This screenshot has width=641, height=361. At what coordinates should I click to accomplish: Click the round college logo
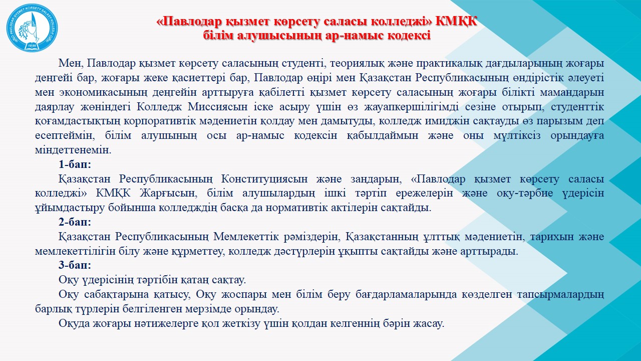(32, 28)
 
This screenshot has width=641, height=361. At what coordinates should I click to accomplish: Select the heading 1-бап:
(75, 164)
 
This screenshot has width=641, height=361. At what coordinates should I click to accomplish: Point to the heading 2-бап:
(75, 222)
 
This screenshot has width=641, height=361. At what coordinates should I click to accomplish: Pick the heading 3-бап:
(75, 265)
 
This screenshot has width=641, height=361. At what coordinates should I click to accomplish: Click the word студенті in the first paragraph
(303, 63)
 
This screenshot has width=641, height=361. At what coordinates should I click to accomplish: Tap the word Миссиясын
(218, 107)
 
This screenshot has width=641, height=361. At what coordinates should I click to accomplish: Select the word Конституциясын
(264, 179)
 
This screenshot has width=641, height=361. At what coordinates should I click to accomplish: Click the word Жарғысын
(169, 193)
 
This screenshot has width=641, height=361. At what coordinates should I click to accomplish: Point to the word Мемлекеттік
(246, 237)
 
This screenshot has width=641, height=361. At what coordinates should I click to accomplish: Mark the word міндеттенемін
(73, 150)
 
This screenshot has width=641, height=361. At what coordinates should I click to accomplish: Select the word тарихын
(550, 237)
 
